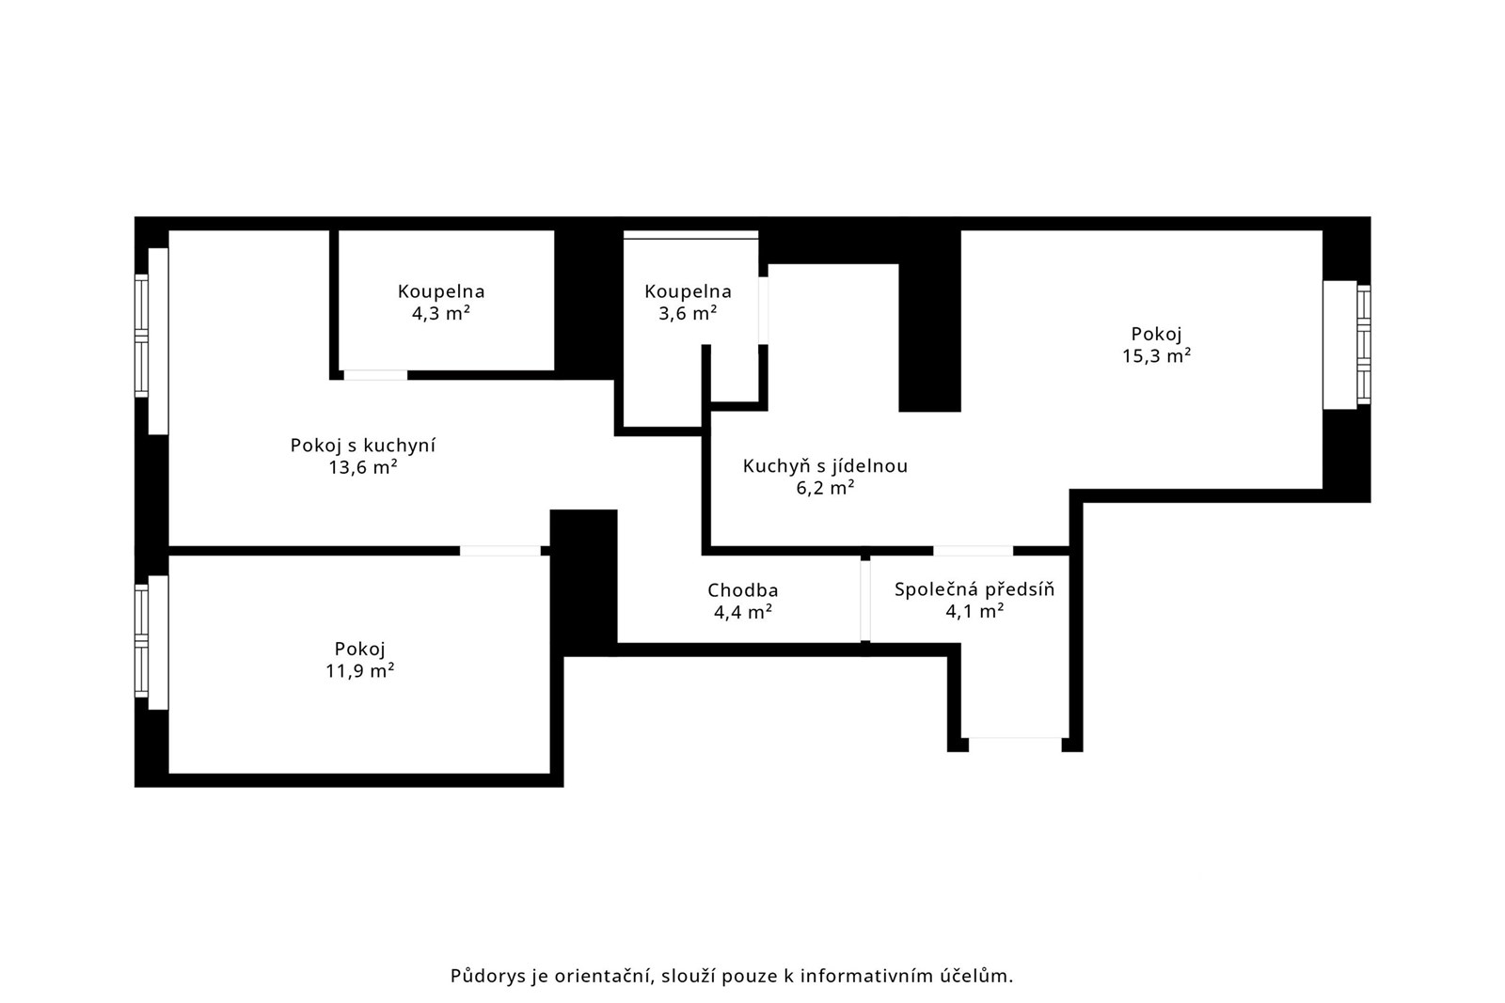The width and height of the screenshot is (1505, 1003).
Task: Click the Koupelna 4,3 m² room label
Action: [x=441, y=302]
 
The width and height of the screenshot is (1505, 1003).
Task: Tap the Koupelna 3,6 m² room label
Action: [x=688, y=302]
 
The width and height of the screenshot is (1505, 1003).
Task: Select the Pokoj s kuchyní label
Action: [x=363, y=446]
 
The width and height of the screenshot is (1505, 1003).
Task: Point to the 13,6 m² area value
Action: [x=363, y=467]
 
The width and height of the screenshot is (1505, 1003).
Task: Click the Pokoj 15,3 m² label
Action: [x=1156, y=344]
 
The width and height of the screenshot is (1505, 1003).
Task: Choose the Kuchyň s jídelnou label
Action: [x=825, y=466]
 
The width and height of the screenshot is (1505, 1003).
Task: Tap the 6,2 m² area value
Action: [x=825, y=488]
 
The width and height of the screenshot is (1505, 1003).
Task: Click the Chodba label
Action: [x=742, y=590]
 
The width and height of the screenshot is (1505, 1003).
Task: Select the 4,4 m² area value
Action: [x=742, y=612]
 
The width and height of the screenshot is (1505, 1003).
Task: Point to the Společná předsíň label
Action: [x=974, y=589]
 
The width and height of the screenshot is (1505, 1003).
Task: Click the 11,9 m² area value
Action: [x=359, y=670]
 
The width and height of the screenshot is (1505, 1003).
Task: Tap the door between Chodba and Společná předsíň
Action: [x=865, y=601]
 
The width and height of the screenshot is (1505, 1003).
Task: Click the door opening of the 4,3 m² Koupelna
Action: [x=375, y=375]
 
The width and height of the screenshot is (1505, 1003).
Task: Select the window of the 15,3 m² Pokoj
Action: [x=1347, y=344]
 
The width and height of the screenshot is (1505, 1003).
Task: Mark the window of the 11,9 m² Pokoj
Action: [x=151, y=642]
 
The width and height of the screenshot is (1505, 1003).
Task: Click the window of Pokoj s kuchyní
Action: [x=151, y=341]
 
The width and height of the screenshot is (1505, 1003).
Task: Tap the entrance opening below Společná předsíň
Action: [x=1015, y=744]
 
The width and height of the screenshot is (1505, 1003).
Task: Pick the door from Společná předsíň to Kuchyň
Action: [x=973, y=551]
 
